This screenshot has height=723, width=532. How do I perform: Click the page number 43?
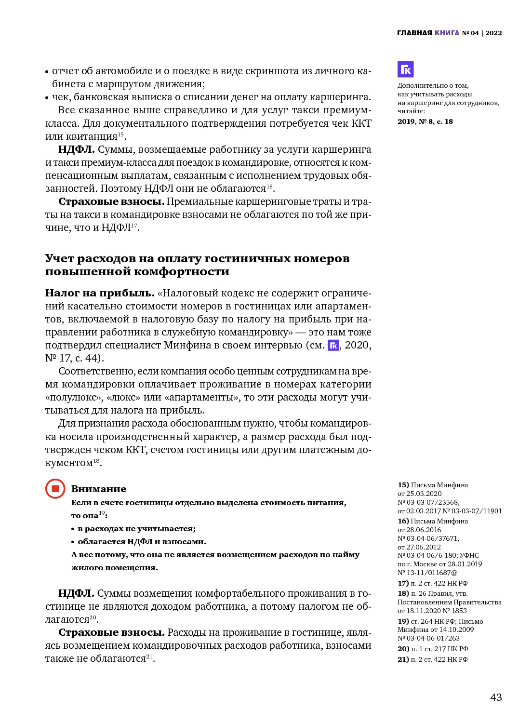(496, 697)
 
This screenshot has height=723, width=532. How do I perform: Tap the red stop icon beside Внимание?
(55, 489)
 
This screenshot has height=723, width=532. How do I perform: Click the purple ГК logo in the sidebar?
(405, 69)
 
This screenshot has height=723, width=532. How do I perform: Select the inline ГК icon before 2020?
(333, 346)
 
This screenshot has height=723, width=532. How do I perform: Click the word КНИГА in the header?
(447, 33)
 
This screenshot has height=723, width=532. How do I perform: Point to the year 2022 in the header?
(493, 33)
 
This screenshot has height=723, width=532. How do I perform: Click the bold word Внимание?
(99, 489)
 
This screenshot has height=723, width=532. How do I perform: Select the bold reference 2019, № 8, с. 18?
(425, 121)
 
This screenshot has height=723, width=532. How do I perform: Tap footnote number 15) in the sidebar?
(403, 485)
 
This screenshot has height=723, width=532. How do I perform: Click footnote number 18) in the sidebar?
(403, 593)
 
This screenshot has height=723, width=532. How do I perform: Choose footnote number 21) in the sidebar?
(403, 659)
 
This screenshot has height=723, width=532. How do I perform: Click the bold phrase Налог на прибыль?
(100, 293)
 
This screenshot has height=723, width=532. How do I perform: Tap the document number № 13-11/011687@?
(427, 573)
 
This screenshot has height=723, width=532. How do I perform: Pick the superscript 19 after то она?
(102, 513)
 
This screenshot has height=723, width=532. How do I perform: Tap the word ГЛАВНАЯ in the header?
(414, 33)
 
